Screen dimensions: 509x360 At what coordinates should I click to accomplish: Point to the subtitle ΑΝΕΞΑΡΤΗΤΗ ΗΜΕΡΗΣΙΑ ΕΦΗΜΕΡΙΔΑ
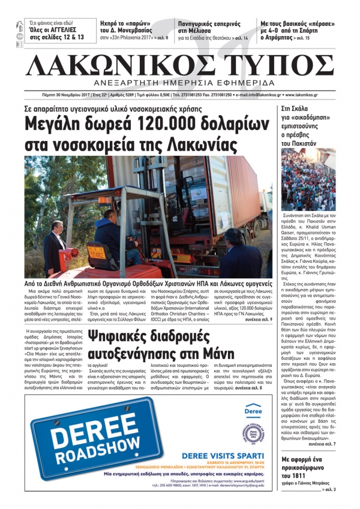179,82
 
